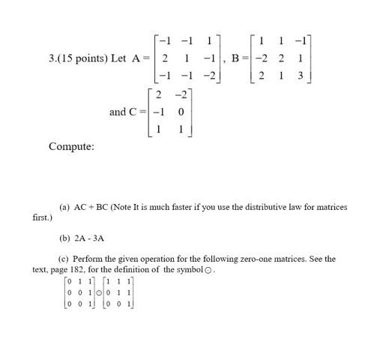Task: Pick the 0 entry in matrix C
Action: click(181, 112)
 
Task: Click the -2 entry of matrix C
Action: click(180, 95)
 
